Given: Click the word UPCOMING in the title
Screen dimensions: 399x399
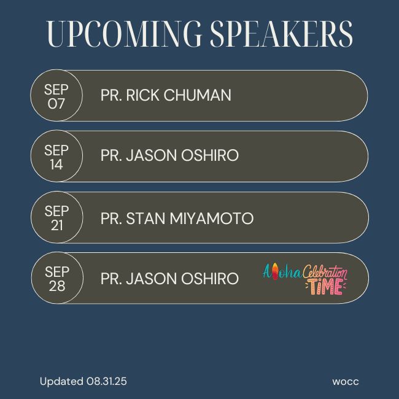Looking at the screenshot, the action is pos(124,34).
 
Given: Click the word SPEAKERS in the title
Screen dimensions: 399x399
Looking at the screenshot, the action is pos(281,34).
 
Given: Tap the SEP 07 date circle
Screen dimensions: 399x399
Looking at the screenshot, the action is pos(56,95).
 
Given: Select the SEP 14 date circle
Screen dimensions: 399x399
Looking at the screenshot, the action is pos(56,156).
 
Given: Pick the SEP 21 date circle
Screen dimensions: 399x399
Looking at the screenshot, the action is pos(57,217).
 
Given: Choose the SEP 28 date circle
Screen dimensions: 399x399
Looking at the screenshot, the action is pos(57,278).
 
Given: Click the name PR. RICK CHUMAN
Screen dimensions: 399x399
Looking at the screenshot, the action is pos(166,95).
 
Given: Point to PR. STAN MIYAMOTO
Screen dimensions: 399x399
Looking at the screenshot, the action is pos(177,219).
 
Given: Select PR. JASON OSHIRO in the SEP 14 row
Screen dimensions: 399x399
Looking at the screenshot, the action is pos(169,155).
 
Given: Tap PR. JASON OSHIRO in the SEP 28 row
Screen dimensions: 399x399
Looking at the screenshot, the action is pos(169,279).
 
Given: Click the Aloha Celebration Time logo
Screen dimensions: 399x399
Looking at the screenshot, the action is pos(305,279).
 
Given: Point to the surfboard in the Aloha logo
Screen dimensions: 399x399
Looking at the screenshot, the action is pos(274,272).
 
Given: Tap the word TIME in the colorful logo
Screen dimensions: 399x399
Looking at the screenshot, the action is pos(325,287).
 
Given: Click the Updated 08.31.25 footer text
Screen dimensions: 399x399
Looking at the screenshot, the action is pos(83,381).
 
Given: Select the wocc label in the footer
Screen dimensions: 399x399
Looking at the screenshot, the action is pos(346,382).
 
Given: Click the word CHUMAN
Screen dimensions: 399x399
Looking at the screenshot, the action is pos(198,95).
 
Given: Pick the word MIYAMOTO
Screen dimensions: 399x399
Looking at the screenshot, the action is pos(212,219).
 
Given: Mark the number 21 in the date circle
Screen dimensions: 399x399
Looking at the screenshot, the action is pos(57,225).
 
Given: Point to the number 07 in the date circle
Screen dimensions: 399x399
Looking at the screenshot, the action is pos(56,104).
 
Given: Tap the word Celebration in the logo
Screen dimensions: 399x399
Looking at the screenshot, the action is pos(325,272).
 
